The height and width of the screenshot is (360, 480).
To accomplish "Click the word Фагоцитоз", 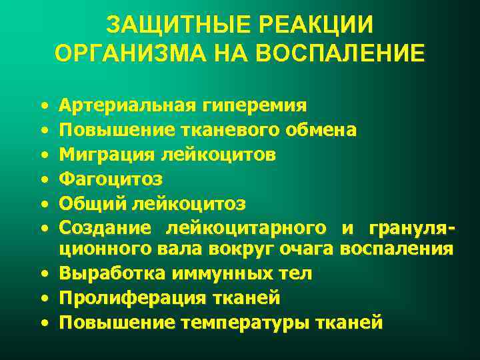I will pyautogui.click(x=111, y=179).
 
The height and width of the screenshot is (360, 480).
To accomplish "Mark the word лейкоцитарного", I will pyautogui.click(x=251, y=227).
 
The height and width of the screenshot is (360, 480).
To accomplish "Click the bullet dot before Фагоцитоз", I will pyautogui.click(x=43, y=179).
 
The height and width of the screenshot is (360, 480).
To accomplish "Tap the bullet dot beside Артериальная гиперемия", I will pyautogui.click(x=43, y=106).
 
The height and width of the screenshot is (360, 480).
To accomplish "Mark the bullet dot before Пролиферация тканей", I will pyautogui.click(x=43, y=299).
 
